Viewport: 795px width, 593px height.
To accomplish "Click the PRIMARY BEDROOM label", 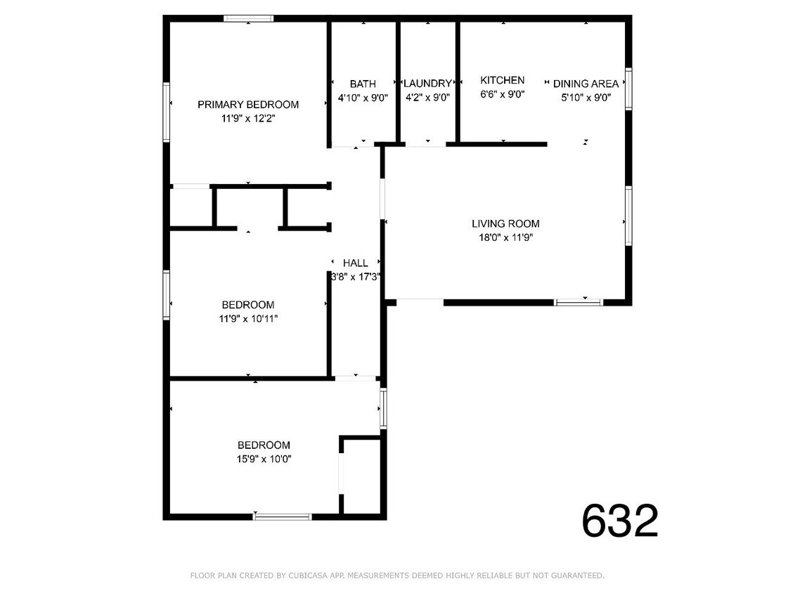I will point(247,105).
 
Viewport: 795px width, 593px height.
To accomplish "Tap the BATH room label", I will point(363,84).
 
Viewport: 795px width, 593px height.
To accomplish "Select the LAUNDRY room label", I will point(427,84).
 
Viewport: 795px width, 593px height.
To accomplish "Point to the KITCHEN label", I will point(503,80).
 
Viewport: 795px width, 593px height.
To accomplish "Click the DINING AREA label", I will point(586,84).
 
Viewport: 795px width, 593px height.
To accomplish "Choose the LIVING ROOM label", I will point(505,224).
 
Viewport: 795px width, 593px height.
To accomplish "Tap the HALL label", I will point(356,263).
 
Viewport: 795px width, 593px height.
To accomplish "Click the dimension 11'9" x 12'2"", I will point(247,119).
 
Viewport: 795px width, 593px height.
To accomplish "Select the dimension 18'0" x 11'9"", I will point(505,237).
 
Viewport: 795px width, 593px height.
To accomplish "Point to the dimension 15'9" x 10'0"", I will point(264,459).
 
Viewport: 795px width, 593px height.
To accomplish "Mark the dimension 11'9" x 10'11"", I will point(247,318).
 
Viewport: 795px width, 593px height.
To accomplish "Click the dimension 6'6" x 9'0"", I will point(503,94).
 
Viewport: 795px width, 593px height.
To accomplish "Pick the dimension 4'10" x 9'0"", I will point(363,98).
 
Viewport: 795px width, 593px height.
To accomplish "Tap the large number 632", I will point(620,521).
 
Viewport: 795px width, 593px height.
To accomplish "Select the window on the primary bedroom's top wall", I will point(249,19).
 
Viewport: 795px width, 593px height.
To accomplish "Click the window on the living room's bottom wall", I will point(579,303).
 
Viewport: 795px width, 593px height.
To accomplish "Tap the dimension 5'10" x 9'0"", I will point(586,98).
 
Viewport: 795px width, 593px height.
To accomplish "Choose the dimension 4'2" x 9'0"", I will point(427,98).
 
